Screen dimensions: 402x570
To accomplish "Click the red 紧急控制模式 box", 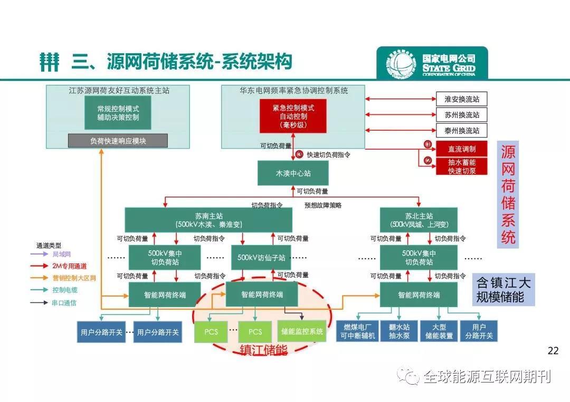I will tap(293, 116).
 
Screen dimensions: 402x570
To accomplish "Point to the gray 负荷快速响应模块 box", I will tap(118, 141).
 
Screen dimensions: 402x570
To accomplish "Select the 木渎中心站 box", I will tap(293, 173).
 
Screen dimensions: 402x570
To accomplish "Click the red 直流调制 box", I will tap(461, 149).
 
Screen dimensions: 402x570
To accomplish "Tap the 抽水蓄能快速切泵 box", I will tap(461, 166).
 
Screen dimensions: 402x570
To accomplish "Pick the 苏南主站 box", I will tap(208, 220).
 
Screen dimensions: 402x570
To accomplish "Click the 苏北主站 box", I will tap(419, 220).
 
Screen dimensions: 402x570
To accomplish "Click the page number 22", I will tap(553, 351).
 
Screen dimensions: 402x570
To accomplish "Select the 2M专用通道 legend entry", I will tap(69, 266).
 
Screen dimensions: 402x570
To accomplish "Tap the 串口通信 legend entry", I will tap(64, 302).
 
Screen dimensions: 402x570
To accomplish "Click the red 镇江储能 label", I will tap(263, 351).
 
